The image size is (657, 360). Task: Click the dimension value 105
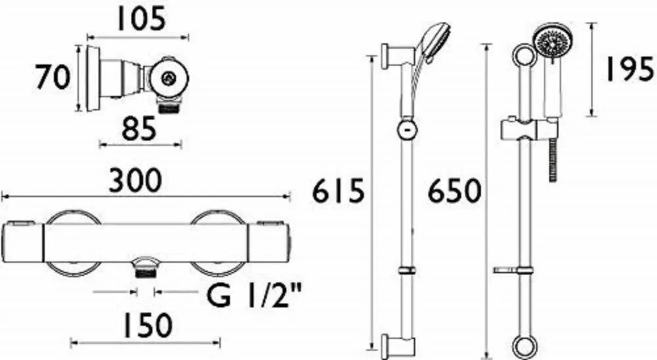(x=139, y=20)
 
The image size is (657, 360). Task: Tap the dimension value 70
(x=53, y=77)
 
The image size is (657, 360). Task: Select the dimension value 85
(x=139, y=129)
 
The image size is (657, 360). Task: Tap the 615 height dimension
(x=338, y=192)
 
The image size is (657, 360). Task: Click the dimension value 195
(x=630, y=70)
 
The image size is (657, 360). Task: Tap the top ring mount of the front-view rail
(x=523, y=56)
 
